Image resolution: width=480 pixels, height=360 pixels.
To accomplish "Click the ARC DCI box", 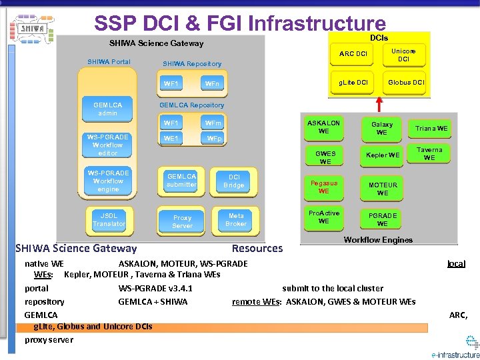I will point(353,54).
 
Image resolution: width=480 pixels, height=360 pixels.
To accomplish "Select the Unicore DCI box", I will point(403,55).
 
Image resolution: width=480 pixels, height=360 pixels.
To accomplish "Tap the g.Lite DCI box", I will point(353,83).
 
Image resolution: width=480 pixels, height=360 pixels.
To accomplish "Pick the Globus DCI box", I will point(405,83).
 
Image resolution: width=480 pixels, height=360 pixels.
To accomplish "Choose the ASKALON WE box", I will point(324,127).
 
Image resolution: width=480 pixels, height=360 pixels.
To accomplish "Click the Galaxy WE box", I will point(382,128).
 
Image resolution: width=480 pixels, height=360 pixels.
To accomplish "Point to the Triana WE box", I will point(431,128).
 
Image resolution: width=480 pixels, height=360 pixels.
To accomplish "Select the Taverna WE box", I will point(429,154).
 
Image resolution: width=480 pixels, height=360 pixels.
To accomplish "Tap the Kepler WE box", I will point(382,155).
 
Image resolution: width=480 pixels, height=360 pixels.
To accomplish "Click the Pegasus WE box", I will point(324,187).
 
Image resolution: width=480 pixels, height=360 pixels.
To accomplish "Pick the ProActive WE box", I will point(324,217).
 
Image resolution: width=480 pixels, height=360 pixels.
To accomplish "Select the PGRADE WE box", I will point(382,219).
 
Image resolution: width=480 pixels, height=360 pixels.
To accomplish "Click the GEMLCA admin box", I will point(108,109).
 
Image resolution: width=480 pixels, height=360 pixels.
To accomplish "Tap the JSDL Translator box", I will point(109,220).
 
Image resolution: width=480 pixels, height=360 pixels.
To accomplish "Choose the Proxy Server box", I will point(182,221).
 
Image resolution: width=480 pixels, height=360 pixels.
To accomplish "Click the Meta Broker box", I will point(236,220).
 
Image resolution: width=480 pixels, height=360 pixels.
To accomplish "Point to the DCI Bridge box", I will point(234,181).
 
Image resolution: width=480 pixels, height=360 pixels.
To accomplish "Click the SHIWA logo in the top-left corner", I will point(31,29).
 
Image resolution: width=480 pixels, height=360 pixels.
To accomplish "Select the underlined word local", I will point(456,263).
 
